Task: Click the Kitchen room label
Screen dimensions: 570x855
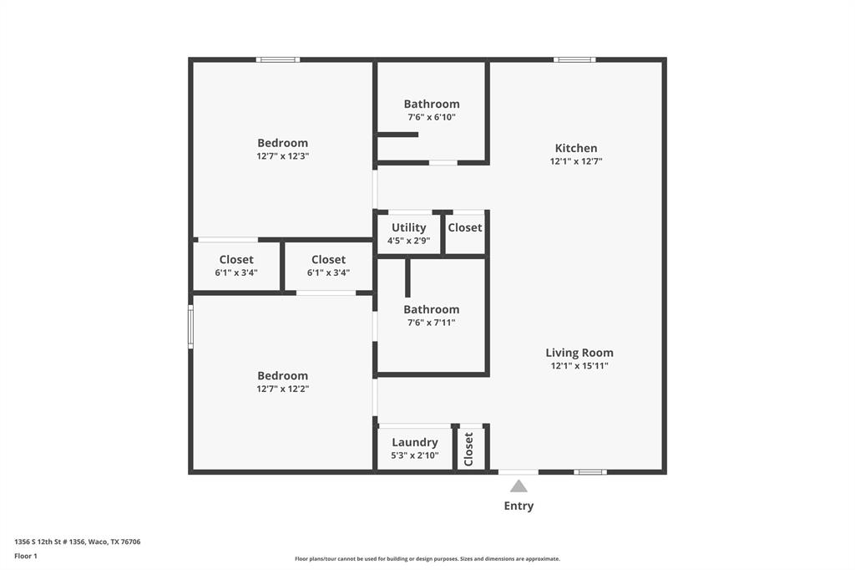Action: [576, 148]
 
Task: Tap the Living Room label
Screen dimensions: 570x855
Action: [579, 353]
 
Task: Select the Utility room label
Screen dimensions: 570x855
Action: [408, 227]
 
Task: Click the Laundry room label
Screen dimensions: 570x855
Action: [414, 442]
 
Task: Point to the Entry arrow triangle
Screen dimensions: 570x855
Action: [519, 486]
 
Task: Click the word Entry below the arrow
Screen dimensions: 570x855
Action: [519, 506]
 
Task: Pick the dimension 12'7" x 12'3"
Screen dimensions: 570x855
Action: [283, 156]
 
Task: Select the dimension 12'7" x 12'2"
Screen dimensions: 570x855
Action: [283, 389]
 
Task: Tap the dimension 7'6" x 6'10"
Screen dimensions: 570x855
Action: [432, 117]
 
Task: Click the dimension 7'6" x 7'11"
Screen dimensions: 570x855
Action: [432, 323]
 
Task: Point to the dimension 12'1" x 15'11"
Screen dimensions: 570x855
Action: [579, 365]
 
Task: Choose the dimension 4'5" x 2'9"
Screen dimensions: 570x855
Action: [408, 241]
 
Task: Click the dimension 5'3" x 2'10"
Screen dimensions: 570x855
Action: [414, 455]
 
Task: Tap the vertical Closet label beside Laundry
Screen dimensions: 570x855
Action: [469, 449]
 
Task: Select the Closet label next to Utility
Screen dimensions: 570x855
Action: [465, 227]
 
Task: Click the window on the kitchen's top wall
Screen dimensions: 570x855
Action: [574, 59]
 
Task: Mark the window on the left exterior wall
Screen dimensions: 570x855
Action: [190, 326]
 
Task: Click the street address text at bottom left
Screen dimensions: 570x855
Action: [78, 542]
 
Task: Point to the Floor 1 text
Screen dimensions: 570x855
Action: [26, 556]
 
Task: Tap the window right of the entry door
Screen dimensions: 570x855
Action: [590, 472]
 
